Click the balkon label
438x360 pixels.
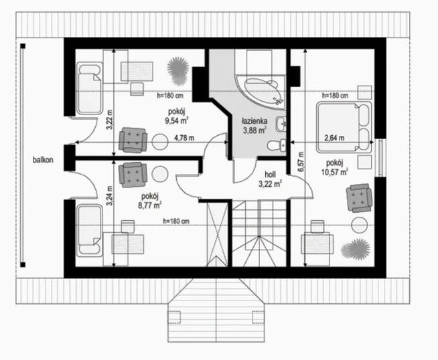tap(42, 160)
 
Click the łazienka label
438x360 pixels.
tap(254, 121)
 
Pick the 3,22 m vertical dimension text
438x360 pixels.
tap(110, 126)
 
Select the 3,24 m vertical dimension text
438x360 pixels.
tap(110, 194)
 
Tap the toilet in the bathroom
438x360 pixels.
tap(275, 145)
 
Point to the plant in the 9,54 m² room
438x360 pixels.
tap(177, 67)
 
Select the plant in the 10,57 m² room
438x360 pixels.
tap(355, 249)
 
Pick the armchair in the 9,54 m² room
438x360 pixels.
tap(133, 141)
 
